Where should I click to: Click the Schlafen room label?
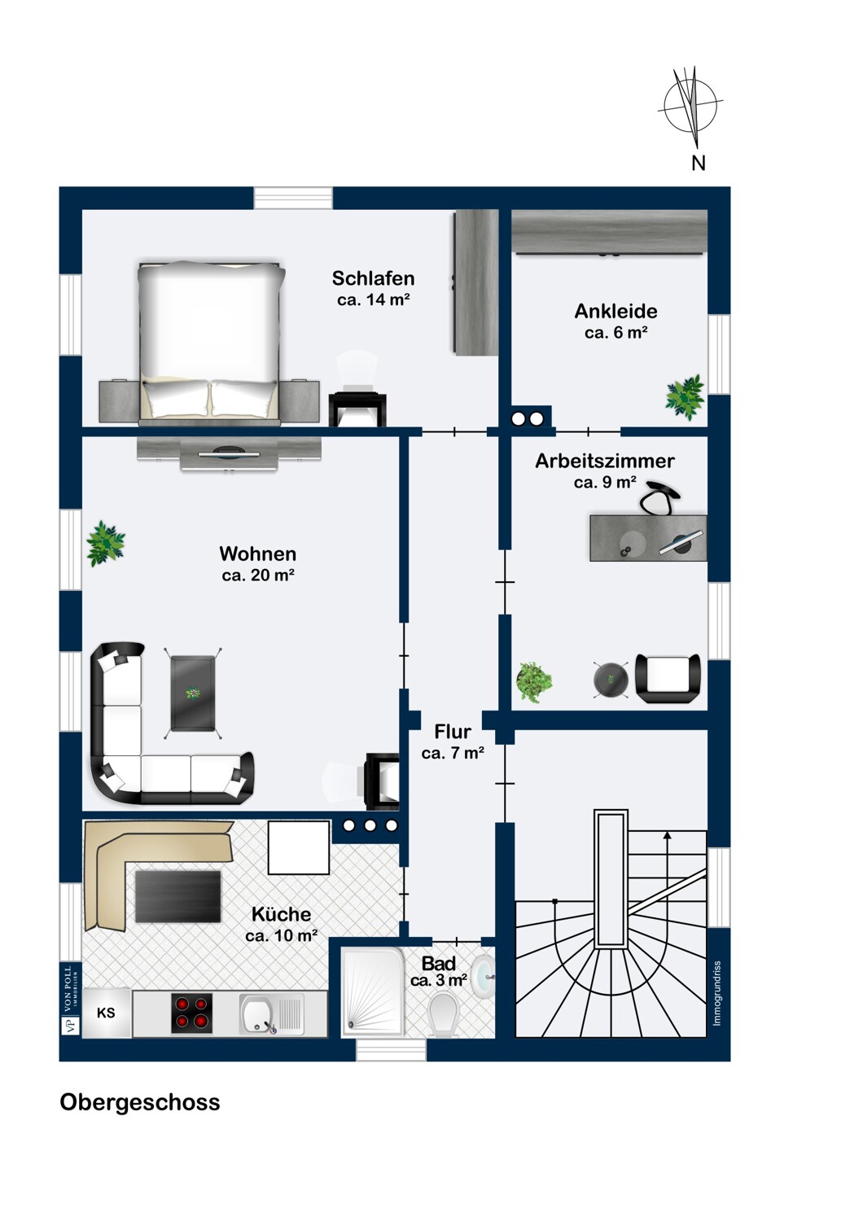pyautogui.click(x=373, y=278)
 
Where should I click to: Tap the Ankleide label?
pyautogui.click(x=616, y=311)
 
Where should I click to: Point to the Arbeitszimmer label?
pyautogui.click(x=605, y=461)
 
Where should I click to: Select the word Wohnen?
pyautogui.click(x=258, y=554)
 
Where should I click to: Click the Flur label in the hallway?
pyautogui.click(x=453, y=731)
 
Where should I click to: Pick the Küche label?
pyautogui.click(x=282, y=913)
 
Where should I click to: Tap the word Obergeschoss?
pyautogui.click(x=139, y=1102)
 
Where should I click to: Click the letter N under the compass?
pyautogui.click(x=699, y=163)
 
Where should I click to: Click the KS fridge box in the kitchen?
pyautogui.click(x=106, y=1013)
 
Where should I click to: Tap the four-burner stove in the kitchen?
pyautogui.click(x=191, y=1013)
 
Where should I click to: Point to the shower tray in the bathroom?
pyautogui.click(x=373, y=991)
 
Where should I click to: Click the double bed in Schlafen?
pyautogui.click(x=212, y=343)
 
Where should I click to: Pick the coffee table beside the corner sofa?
pyautogui.click(x=193, y=693)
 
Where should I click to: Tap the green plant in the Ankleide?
pyautogui.click(x=685, y=397)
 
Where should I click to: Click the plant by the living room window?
pyautogui.click(x=106, y=544)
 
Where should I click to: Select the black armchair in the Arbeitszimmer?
pyautogui.click(x=668, y=678)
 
